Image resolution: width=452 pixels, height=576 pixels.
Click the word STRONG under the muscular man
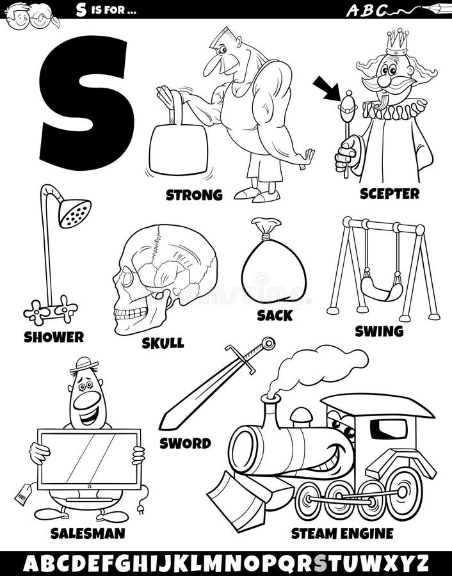click(x=194, y=195)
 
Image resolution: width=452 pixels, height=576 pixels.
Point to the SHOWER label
click(x=54, y=336)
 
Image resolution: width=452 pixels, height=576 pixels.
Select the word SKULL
click(x=163, y=343)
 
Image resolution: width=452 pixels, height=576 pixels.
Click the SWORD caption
click(x=186, y=442)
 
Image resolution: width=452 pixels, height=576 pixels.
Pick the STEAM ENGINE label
click(x=342, y=532)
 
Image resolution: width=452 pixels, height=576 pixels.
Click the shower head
click(x=75, y=212)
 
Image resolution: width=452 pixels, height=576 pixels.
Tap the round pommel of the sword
click(x=268, y=344)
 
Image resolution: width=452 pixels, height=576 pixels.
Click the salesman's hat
click(x=85, y=365)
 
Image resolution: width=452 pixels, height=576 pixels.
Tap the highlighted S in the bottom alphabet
click(x=319, y=563)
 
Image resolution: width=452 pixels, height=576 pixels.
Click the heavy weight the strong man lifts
click(x=178, y=149)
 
